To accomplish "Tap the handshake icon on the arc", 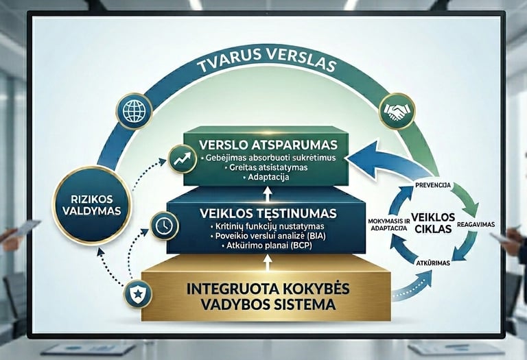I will pyautogui.click(x=396, y=111).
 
